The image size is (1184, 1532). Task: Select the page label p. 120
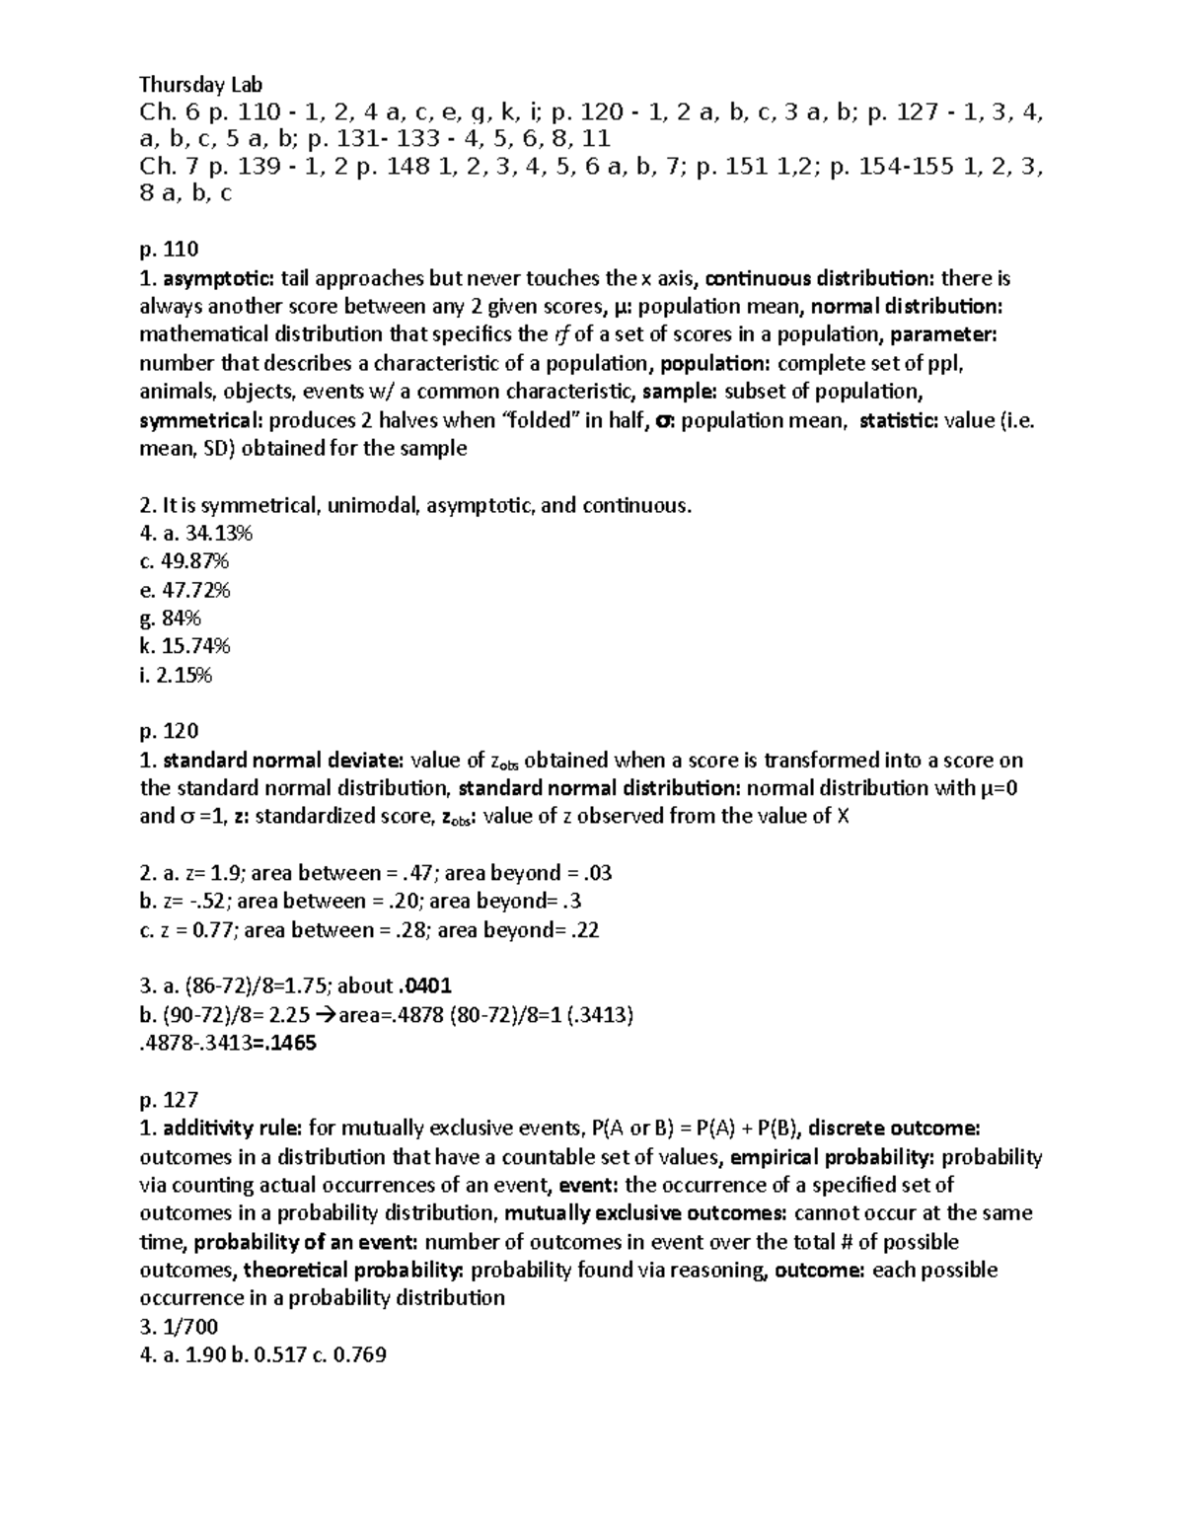tap(169, 731)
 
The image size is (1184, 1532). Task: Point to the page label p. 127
tap(169, 1100)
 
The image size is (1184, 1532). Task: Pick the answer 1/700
tap(188, 1327)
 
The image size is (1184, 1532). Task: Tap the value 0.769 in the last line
tap(360, 1355)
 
